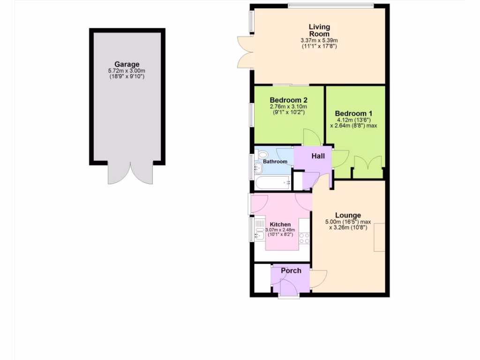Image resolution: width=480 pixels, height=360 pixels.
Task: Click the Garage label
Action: click(x=127, y=64)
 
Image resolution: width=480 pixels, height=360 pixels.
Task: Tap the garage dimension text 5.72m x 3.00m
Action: click(x=127, y=71)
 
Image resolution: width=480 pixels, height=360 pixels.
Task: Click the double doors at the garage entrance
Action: click(x=131, y=173)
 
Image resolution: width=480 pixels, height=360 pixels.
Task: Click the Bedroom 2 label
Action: click(x=288, y=100)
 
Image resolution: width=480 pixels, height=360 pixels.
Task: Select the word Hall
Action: click(x=318, y=156)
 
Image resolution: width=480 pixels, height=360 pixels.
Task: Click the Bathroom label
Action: click(x=275, y=162)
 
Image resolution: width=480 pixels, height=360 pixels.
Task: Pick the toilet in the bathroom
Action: click(x=262, y=154)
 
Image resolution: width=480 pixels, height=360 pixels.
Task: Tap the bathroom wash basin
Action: click(x=258, y=168)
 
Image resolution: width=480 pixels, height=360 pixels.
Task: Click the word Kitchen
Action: click(x=280, y=225)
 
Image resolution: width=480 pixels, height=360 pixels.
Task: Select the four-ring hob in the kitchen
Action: click(x=304, y=238)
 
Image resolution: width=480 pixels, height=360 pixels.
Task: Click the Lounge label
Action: click(x=348, y=216)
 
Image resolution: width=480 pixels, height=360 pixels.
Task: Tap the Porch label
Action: click(x=291, y=270)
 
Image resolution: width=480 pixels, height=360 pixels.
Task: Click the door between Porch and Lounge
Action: click(x=319, y=279)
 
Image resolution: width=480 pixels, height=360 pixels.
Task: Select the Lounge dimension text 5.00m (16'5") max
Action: click(x=348, y=222)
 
